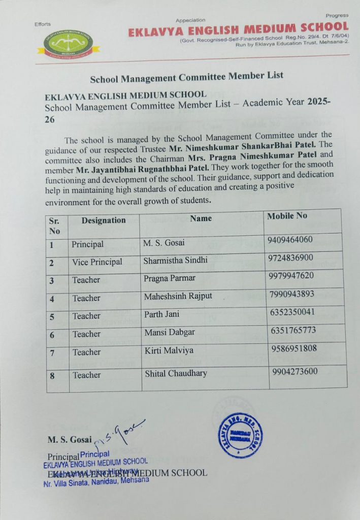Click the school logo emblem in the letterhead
[68, 44]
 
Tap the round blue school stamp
[241, 436]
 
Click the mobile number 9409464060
[290, 240]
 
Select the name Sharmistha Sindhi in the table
[175, 260]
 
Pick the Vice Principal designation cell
[97, 262]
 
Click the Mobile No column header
[287, 216]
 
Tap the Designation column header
[104, 220]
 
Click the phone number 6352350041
[293, 311]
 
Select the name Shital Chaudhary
[176, 373]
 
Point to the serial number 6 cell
[52, 335]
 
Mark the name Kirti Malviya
[169, 350]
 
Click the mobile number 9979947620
[291, 276]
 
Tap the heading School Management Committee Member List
[186, 77]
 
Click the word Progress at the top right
[337, 15]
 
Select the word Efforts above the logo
[43, 24]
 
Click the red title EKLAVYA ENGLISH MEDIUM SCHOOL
[238, 29]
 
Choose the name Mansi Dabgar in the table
[170, 332]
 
